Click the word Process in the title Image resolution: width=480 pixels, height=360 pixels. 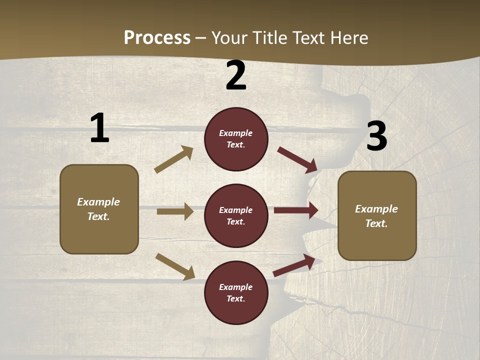157,38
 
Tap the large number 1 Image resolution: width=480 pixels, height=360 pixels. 99,128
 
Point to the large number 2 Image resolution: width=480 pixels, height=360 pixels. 236,76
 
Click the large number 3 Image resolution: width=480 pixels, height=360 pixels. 376,136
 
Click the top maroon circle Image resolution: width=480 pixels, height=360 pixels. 236,139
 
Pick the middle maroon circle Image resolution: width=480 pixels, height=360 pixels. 236,216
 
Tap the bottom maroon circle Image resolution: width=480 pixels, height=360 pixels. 236,293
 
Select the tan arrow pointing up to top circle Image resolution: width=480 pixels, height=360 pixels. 174,159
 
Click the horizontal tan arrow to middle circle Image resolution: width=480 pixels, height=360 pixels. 175,211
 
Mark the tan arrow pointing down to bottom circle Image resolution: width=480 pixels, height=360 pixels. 175,266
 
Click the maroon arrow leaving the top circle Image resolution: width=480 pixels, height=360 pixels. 297,160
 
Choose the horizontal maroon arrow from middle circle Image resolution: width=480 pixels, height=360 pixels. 296,210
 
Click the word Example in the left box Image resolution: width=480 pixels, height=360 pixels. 98,202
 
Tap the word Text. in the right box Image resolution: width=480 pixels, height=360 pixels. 376,223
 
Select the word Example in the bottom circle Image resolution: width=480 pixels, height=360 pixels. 236,287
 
